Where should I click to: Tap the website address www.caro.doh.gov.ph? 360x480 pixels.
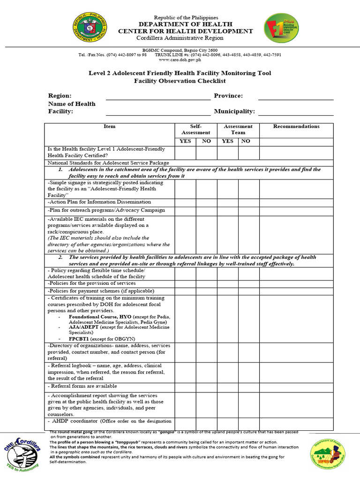[180, 60]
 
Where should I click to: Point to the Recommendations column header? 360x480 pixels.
[296, 127]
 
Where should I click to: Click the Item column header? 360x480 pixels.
[109, 127]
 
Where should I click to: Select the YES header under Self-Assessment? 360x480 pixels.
[185, 141]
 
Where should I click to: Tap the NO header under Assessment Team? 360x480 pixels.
[246, 141]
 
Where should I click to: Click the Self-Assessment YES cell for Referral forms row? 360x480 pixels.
[185, 387]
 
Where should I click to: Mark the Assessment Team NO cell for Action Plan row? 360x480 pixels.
[248, 202]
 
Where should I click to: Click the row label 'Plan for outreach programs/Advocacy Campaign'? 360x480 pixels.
[106, 210]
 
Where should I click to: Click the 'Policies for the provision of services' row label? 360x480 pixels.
[92, 283]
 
